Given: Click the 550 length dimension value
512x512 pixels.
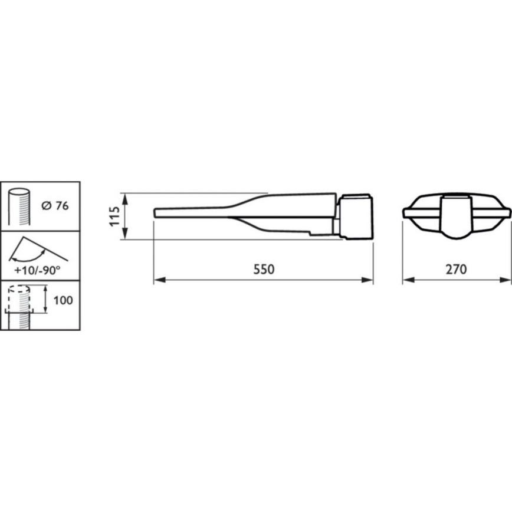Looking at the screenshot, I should [264, 268].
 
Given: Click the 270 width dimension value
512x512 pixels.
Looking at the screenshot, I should [456, 268].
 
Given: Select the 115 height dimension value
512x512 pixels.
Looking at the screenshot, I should [116, 216].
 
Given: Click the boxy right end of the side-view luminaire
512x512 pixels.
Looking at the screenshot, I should [356, 217].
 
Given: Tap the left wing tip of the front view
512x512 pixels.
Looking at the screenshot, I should [404, 211].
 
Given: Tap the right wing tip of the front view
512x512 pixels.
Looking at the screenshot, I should [508, 211].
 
